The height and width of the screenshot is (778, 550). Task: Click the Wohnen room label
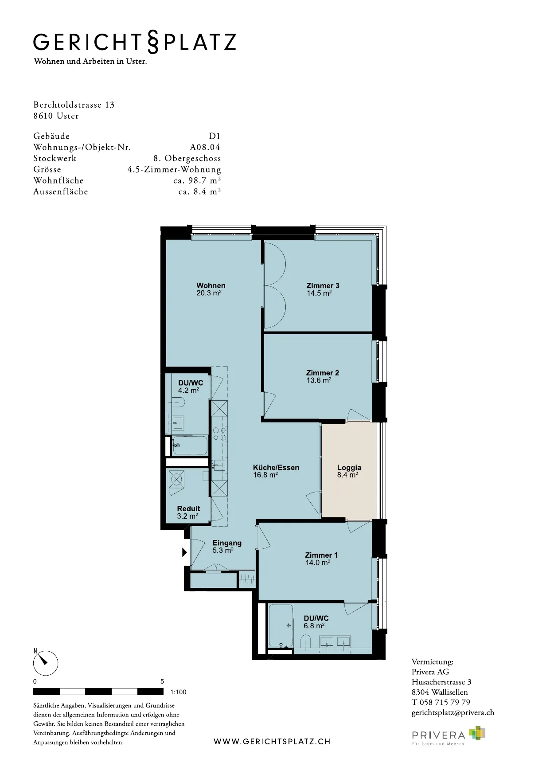click(x=211, y=285)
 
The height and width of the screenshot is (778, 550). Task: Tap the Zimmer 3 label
click(x=323, y=285)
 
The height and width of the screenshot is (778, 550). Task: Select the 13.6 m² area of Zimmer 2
click(x=319, y=380)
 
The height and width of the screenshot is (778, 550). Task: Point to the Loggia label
click(x=349, y=467)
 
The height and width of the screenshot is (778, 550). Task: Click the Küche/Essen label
click(x=276, y=467)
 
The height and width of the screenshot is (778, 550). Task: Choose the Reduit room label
click(x=188, y=508)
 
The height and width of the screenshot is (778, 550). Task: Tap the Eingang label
click(x=227, y=543)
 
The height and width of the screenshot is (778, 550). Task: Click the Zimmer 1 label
click(x=321, y=555)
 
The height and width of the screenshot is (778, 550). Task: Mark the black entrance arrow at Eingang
click(x=184, y=553)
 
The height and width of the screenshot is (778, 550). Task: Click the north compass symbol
click(x=46, y=662)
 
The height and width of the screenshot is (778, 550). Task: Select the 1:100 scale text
click(x=178, y=692)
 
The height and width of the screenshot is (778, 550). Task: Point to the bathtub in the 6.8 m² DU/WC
click(x=281, y=626)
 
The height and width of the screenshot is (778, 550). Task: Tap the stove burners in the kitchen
click(x=220, y=434)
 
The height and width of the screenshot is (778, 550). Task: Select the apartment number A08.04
click(x=205, y=147)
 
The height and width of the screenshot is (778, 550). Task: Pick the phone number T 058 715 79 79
click(x=441, y=702)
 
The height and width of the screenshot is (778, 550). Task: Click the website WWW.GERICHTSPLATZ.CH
click(x=272, y=742)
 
